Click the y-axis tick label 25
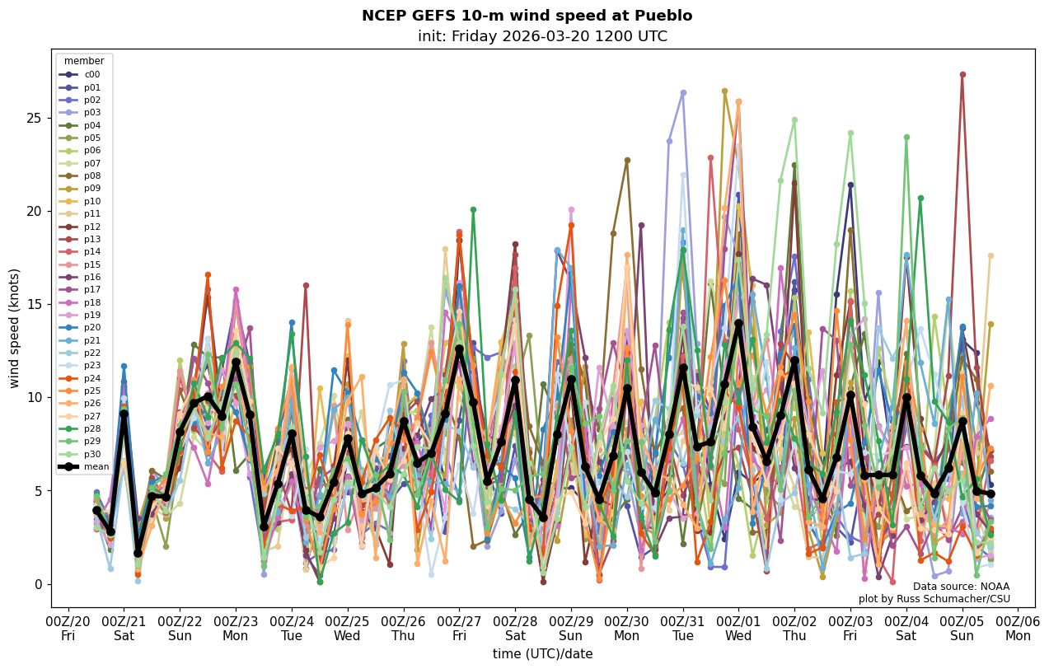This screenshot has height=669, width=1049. tap(34, 118)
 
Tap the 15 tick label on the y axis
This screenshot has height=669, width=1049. tap(34, 304)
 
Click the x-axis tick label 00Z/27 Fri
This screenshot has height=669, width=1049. tap(459, 629)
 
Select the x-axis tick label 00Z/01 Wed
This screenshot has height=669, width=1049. tap(738, 629)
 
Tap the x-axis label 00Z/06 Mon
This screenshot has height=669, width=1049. tap(1018, 629)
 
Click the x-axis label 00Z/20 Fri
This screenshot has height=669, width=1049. tap(68, 629)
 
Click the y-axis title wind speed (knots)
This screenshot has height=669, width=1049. tap(15, 328)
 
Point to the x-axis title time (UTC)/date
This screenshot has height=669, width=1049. tap(542, 654)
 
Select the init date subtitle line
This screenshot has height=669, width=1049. tap(542, 36)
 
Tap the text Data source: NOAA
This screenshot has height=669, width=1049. tap(961, 587)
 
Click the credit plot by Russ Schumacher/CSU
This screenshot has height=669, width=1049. tap(934, 599)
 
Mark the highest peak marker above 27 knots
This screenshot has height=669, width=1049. tap(962, 75)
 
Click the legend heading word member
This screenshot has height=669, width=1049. tap(84, 61)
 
